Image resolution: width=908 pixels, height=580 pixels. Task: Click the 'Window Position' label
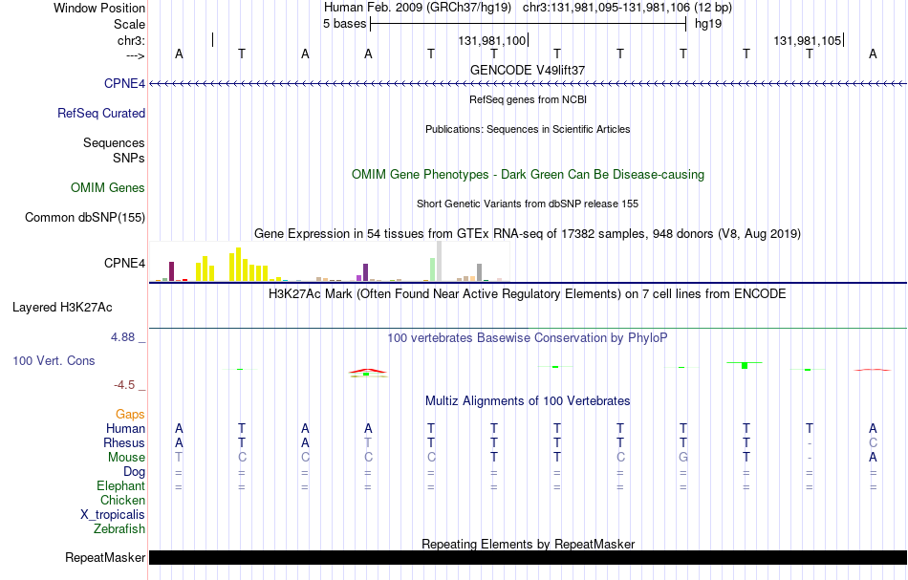click(99, 8)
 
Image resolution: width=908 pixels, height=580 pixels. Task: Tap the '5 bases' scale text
click(344, 24)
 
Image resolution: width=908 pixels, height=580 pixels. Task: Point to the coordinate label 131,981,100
click(491, 40)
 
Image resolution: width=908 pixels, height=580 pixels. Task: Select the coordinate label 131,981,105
click(808, 40)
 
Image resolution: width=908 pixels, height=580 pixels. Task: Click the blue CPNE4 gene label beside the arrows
click(124, 83)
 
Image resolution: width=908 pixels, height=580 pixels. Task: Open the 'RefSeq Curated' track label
click(101, 113)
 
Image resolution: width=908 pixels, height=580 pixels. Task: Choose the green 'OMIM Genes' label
click(108, 187)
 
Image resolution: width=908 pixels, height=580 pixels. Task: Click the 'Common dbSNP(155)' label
click(85, 218)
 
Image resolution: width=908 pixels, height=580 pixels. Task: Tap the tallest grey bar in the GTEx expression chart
click(440, 261)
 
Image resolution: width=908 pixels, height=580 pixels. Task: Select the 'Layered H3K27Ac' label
click(62, 308)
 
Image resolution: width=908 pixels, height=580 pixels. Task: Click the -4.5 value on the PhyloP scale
click(124, 385)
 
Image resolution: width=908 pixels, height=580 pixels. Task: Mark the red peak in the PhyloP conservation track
click(368, 370)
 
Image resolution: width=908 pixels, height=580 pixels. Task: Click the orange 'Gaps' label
click(130, 414)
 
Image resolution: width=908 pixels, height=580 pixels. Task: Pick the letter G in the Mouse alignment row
click(683, 458)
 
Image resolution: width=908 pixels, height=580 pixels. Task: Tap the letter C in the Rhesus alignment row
click(873, 442)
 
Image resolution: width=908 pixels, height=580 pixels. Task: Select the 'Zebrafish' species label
click(119, 528)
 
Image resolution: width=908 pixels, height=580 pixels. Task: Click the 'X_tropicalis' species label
click(113, 515)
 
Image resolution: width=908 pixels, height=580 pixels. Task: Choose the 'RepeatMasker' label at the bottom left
click(105, 557)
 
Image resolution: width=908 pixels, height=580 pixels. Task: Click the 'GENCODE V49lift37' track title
click(528, 70)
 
